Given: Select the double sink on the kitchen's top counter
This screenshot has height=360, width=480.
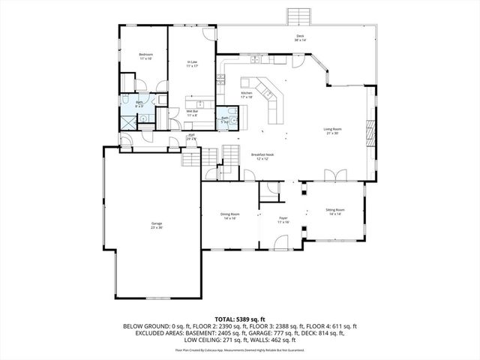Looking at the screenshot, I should click(x=257, y=58).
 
